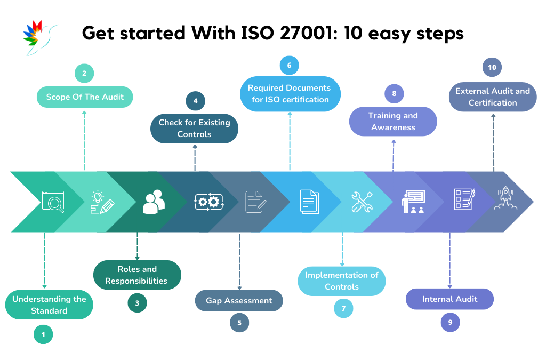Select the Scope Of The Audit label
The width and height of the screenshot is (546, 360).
85,97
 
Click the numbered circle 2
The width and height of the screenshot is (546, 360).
84,73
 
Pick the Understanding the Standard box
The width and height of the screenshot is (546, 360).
49,305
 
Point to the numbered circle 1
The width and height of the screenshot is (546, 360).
43,334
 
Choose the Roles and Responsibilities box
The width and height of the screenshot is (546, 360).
137,275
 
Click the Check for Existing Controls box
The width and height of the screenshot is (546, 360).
195,129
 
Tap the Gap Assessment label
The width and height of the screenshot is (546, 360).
239,301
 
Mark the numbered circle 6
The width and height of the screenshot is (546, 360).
289,65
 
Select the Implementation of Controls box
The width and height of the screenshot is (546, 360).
342,281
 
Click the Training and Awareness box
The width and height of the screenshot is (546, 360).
393,122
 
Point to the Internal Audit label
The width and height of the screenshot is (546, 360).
449,299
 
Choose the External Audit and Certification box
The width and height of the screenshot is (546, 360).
493,97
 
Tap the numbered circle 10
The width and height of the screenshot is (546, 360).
492,67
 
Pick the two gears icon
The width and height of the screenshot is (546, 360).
208,201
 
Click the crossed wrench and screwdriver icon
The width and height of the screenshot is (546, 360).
362,202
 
